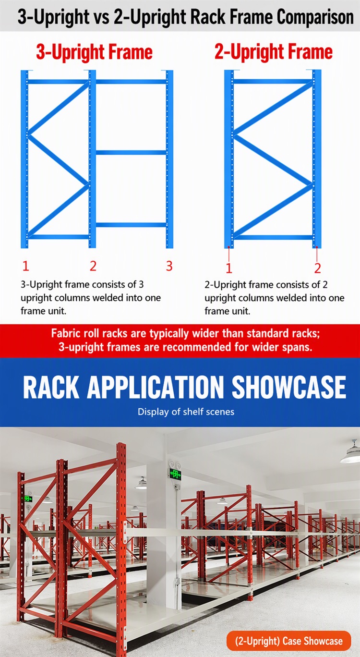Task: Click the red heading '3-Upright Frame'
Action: (95, 52)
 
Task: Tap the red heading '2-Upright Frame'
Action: (274, 52)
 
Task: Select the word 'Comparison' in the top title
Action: (315, 17)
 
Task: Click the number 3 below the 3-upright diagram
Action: (169, 266)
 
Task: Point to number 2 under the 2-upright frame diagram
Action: (317, 268)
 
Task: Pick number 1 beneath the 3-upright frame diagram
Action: (26, 266)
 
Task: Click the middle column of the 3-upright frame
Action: (92, 159)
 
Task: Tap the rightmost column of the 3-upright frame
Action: (169, 159)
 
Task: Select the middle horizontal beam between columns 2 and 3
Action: (131, 153)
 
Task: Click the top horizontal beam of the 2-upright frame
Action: (273, 82)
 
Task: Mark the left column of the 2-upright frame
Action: (229, 159)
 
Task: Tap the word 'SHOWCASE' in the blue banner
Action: (289, 387)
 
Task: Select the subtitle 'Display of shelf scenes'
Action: (186, 412)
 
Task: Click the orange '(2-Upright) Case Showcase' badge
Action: (288, 641)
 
